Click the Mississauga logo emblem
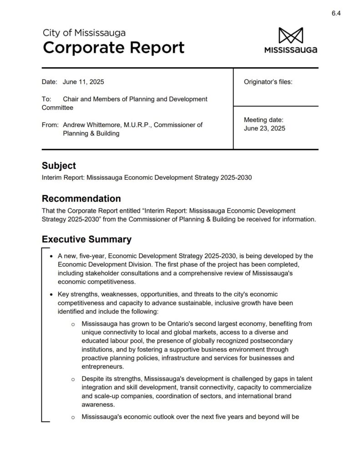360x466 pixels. point(290,36)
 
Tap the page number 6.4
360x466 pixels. point(336,13)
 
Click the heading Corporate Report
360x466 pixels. point(114,47)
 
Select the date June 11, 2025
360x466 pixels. point(83,82)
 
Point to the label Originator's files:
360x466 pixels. point(268,82)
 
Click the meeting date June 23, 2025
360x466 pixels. point(264,128)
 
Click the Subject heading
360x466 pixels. point(59,166)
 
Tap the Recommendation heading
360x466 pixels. point(81,199)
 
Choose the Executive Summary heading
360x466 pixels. point(86,239)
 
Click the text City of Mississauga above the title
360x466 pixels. point(84,33)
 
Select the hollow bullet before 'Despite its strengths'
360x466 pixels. point(73,379)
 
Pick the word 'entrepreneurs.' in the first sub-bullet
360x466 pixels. point(103,366)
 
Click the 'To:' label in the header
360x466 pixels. point(46,99)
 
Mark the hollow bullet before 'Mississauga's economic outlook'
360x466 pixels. point(73,417)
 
